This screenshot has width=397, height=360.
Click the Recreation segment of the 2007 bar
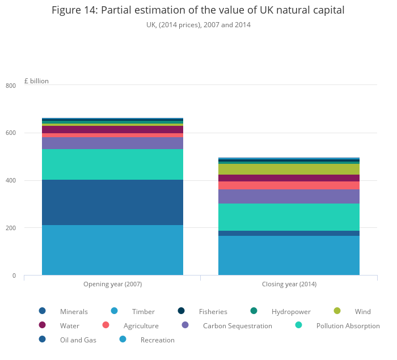[x=112, y=250]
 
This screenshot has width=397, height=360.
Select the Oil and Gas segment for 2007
[x=112, y=202]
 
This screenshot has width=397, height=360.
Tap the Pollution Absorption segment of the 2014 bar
[x=289, y=217]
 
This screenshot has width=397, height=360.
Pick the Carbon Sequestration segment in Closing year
[x=289, y=196]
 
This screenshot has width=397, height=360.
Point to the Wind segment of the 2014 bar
[x=289, y=169]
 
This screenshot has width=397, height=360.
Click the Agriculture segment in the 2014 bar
[x=289, y=185]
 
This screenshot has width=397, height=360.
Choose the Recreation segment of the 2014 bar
[x=289, y=256]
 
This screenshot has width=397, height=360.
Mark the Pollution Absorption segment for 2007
[x=112, y=164]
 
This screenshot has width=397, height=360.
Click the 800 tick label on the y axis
[x=11, y=86]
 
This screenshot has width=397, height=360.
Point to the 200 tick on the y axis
[x=11, y=228]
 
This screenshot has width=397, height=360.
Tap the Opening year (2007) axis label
[x=112, y=284]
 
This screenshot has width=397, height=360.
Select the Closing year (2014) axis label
[x=289, y=284]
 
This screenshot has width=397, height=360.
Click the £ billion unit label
[x=36, y=81]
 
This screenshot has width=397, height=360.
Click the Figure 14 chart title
[x=198, y=10]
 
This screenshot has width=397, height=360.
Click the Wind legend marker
[x=337, y=311]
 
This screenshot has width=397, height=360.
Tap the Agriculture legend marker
[x=105, y=325]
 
